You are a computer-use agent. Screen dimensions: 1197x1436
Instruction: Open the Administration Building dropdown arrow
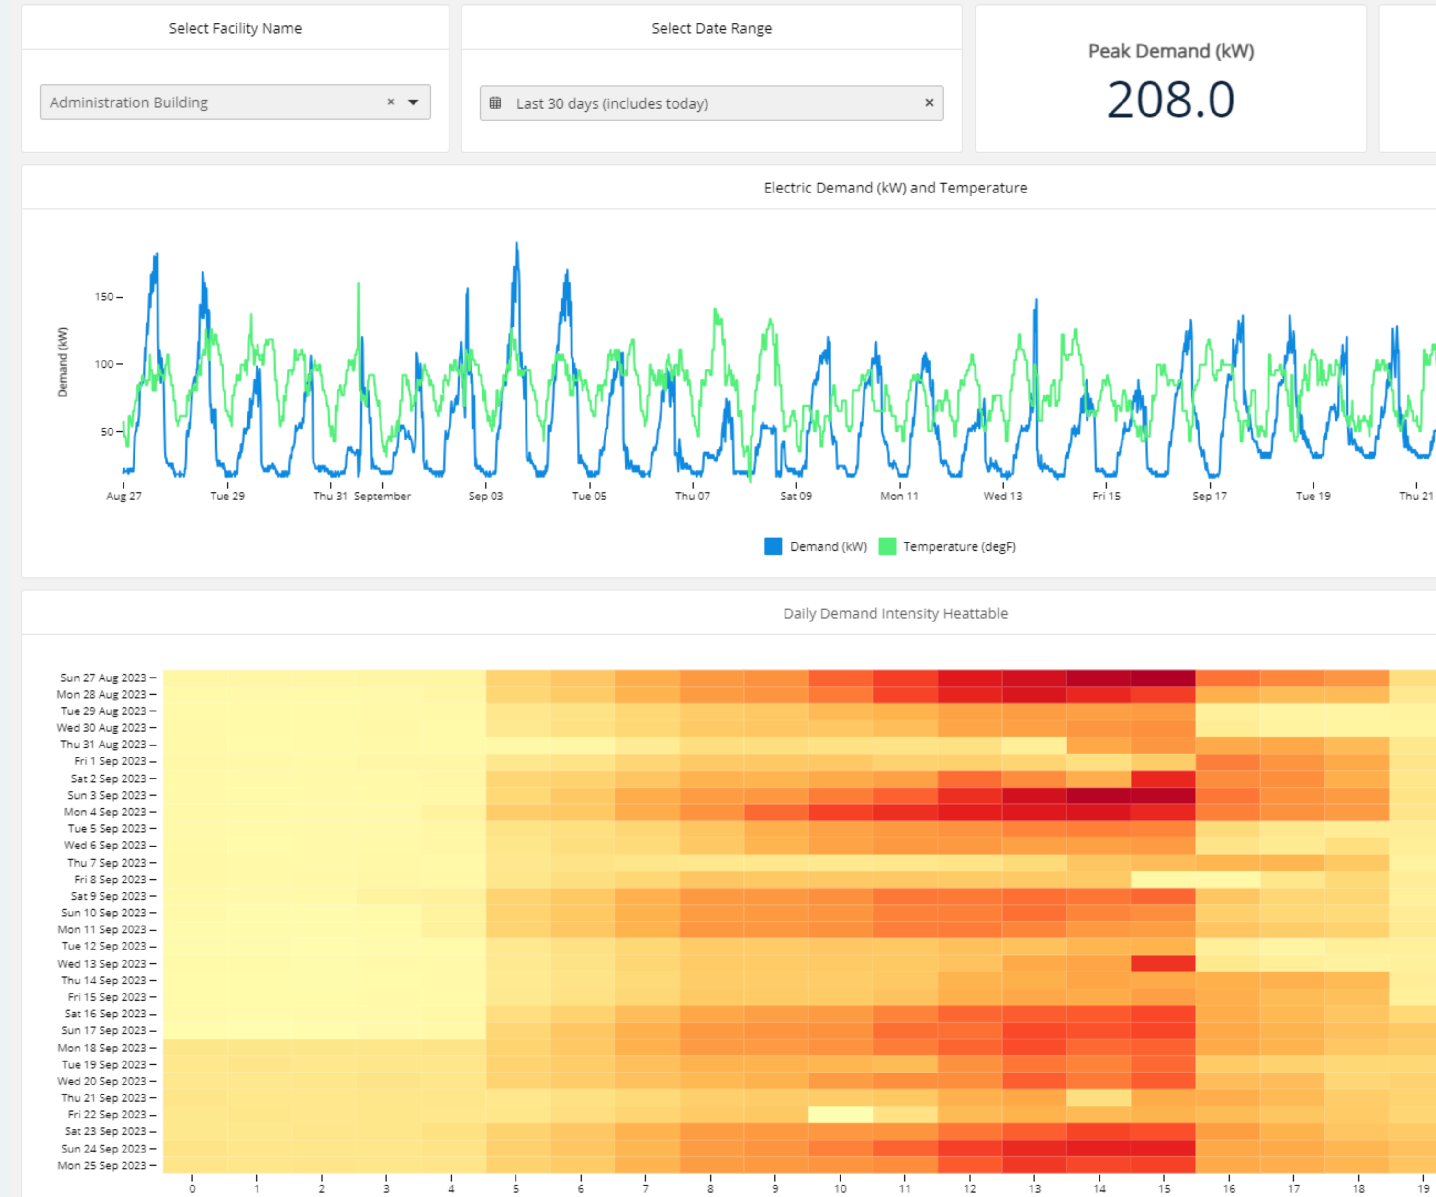pyautogui.click(x=413, y=102)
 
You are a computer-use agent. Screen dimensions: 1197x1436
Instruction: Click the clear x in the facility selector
pyautogui.click(x=391, y=102)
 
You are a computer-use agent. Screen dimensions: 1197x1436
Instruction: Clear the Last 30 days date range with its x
pyautogui.click(x=929, y=102)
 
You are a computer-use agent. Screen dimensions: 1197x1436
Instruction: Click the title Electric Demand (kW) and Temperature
pyautogui.click(x=895, y=187)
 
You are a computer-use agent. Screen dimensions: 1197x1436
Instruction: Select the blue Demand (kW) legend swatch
pyautogui.click(x=773, y=546)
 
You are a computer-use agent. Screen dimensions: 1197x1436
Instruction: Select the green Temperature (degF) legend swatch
pyautogui.click(x=887, y=546)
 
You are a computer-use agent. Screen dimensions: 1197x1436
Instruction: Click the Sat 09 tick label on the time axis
pyautogui.click(x=796, y=496)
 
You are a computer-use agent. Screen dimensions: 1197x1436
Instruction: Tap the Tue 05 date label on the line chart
pyautogui.click(x=589, y=496)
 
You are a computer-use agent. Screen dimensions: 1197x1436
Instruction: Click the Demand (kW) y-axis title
pyautogui.click(x=62, y=362)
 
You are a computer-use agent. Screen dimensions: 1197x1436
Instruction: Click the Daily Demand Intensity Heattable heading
pyautogui.click(x=895, y=613)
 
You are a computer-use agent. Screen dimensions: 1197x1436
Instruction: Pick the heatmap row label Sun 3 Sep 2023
pyautogui.click(x=107, y=795)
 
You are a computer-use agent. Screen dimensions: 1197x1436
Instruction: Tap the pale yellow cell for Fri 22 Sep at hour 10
pyautogui.click(x=840, y=1114)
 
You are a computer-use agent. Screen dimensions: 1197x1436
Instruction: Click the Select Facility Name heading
pyautogui.click(x=235, y=28)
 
